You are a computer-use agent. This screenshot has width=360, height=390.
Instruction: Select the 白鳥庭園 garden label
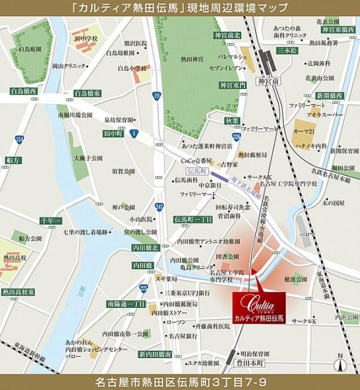click(31, 48)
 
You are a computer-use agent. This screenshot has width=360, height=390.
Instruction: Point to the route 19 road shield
click(157, 96)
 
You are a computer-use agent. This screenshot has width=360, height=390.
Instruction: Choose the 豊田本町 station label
click(266, 356)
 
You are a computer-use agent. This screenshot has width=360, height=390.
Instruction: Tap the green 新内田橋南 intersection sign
click(155, 354)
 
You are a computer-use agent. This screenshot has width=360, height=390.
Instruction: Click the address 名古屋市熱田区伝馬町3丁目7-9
click(180, 379)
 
